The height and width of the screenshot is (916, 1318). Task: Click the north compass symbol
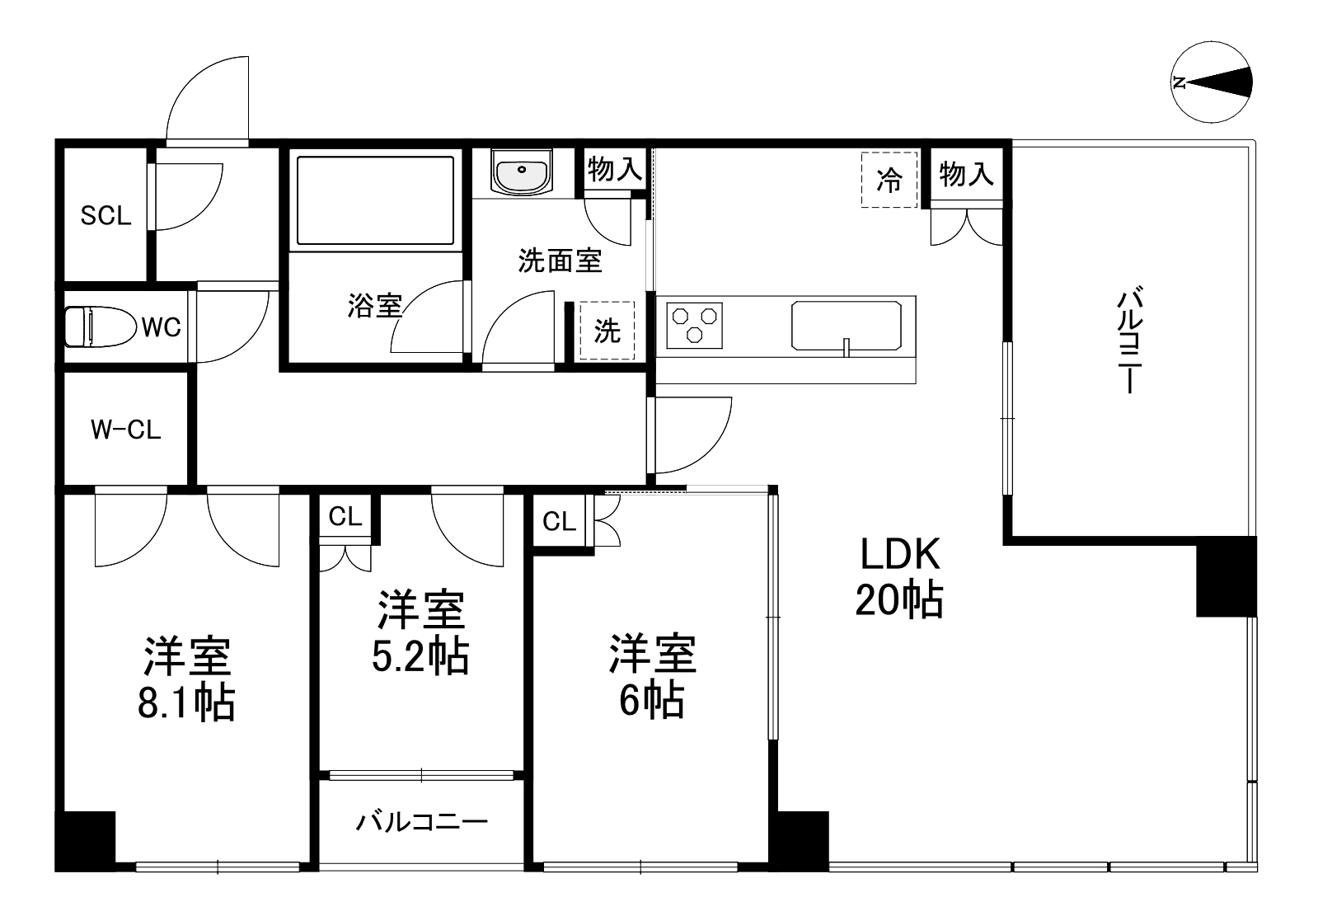[x=1212, y=82]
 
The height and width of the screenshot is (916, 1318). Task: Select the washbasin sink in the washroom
[x=522, y=172]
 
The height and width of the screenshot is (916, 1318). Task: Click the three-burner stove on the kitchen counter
[x=695, y=325]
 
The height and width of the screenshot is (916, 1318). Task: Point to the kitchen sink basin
[x=847, y=326]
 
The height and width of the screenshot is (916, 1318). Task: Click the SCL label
[x=106, y=216]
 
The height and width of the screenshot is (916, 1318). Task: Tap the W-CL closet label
[x=125, y=430]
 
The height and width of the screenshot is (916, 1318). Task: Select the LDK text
[x=899, y=555]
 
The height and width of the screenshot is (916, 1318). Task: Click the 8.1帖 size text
[x=186, y=702]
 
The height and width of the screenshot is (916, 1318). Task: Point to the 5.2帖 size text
[x=420, y=656]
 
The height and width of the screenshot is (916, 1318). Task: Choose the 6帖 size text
[x=651, y=701]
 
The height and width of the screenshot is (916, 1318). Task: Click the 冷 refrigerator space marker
[x=889, y=180]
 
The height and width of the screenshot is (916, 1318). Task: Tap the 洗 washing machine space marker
[x=607, y=331]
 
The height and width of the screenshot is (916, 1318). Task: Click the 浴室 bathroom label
[x=373, y=306]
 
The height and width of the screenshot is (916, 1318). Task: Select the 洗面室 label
[x=560, y=261]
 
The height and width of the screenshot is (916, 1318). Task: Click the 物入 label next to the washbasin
[x=614, y=169]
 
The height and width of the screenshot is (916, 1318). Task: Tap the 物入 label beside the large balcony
[x=966, y=174]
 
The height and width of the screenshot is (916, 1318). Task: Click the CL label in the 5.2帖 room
[x=345, y=516]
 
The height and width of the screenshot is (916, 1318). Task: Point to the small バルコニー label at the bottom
[x=422, y=822]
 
